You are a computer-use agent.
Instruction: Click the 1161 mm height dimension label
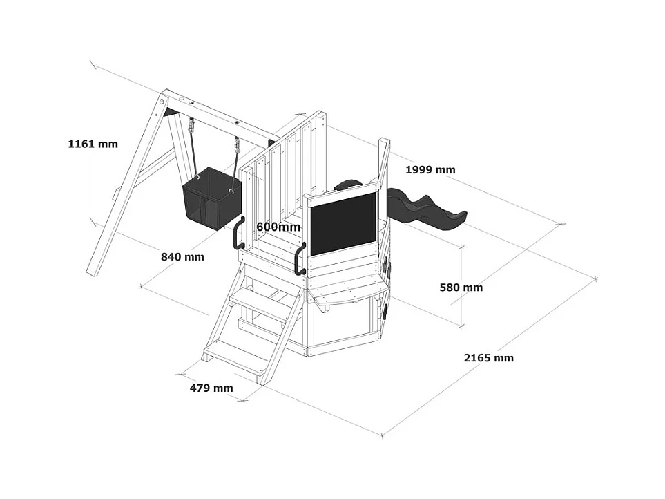93,144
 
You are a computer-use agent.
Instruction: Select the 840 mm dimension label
182,257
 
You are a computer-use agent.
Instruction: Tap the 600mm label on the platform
278,227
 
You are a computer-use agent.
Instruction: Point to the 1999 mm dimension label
430,170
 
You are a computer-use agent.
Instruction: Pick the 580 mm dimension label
461,288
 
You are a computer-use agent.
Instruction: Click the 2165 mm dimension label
488,358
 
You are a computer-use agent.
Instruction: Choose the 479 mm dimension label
211,388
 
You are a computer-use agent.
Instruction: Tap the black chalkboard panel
343,225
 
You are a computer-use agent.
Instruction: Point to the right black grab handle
300,259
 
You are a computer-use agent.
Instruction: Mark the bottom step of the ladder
238,357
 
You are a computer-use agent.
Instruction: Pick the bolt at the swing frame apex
164,103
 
